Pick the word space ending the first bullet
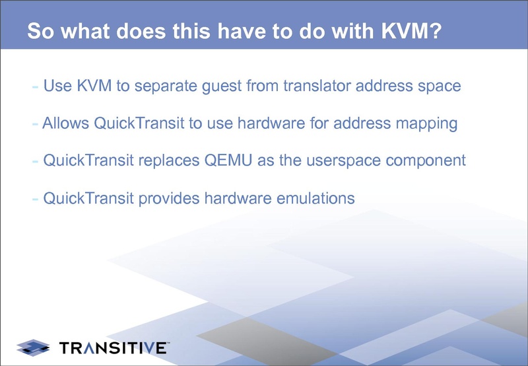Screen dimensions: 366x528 point(439,86)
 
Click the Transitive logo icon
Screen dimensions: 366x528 point(33,346)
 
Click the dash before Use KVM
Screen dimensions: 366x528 point(35,87)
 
